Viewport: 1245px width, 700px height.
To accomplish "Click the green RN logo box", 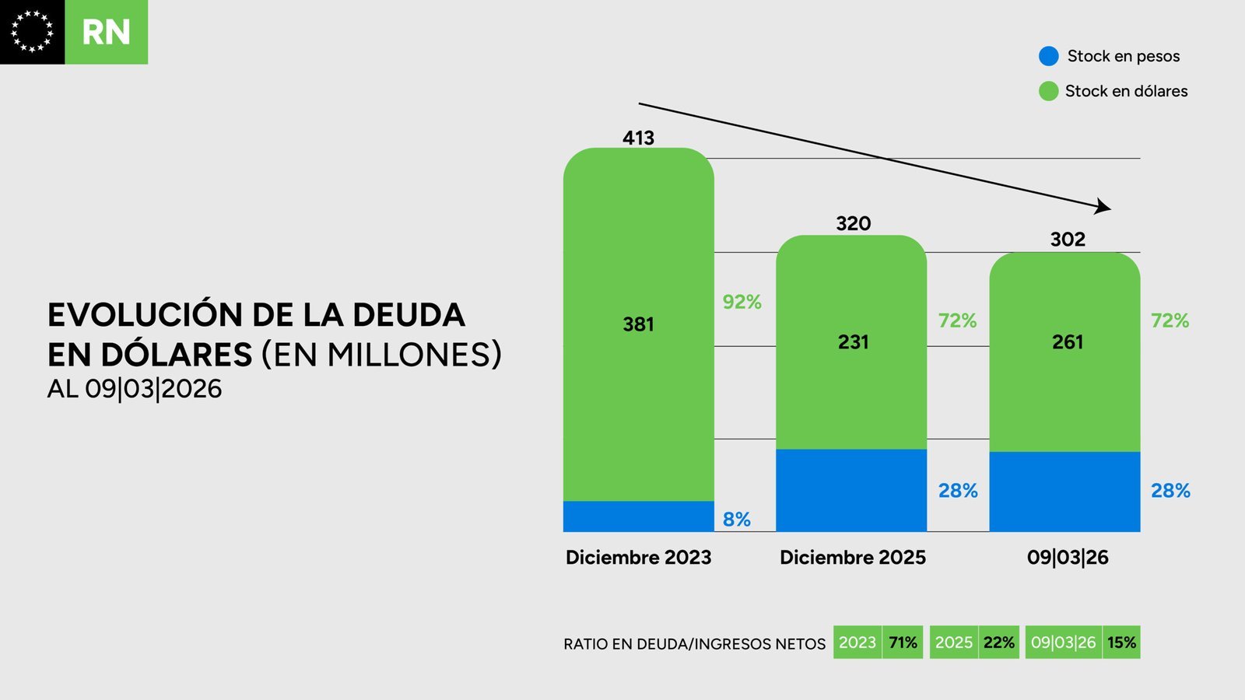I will [x=106, y=33].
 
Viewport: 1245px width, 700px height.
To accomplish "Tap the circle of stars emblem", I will [x=32, y=32].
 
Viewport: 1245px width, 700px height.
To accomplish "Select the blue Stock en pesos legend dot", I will [x=1049, y=56].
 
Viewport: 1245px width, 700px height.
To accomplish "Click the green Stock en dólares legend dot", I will [x=1049, y=91].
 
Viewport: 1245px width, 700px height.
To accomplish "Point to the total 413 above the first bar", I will [x=638, y=138].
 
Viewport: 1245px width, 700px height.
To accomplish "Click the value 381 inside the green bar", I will [x=638, y=324].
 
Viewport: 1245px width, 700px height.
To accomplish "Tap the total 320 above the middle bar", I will [x=853, y=224].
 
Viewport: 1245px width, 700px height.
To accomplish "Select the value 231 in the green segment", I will [x=853, y=342].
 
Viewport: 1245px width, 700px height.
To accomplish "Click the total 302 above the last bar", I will [x=1068, y=240].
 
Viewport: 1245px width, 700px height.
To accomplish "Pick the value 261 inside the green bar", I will [x=1068, y=342].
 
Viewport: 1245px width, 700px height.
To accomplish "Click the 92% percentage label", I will [x=742, y=302].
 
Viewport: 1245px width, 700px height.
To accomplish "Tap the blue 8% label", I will [x=736, y=520].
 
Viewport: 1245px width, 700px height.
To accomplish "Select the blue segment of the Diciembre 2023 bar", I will [x=638, y=516].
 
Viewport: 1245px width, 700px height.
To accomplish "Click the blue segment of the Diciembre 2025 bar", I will [x=851, y=490].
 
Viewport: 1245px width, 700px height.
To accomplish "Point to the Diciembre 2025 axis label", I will [x=853, y=558].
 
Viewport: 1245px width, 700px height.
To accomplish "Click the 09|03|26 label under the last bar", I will [x=1068, y=558].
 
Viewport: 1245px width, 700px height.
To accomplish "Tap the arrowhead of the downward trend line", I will [x=1103, y=207].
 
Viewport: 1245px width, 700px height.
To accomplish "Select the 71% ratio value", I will [x=903, y=643].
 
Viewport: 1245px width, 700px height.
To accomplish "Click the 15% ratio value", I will [x=1121, y=643].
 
